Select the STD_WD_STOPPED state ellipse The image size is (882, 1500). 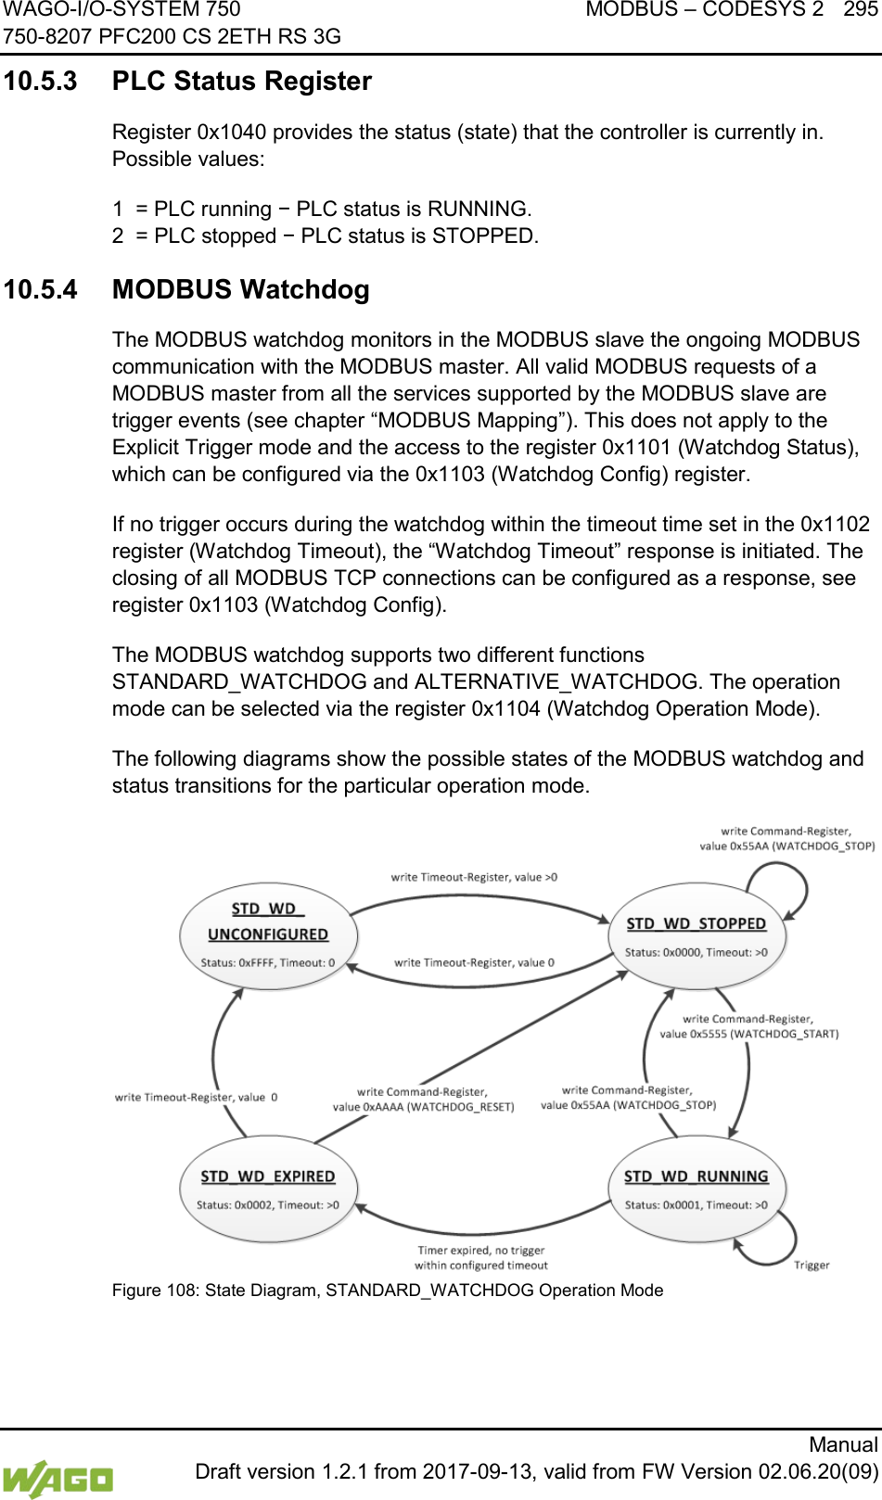tap(696, 936)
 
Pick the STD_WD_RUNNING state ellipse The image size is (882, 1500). tap(696, 1189)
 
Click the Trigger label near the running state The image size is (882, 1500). tap(812, 1265)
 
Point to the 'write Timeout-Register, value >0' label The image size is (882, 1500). tap(474, 877)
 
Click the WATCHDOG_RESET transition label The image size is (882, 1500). tap(423, 1100)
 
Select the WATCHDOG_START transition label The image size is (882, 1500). tap(748, 1026)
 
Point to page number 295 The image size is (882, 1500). tap(861, 10)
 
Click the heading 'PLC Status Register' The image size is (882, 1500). tap(241, 82)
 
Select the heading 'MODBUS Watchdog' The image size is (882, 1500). tap(240, 290)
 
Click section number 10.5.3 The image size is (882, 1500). tap(41, 82)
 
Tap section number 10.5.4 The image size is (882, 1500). tap(41, 290)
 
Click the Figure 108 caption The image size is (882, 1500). tap(388, 1290)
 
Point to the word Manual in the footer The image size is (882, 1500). tap(842, 1444)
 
